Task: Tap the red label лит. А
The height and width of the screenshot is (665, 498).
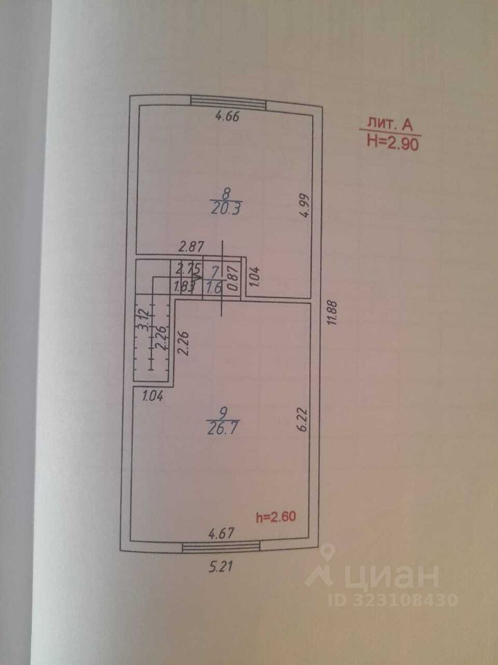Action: pos(388,125)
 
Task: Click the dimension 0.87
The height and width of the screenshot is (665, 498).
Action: pos(232,274)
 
